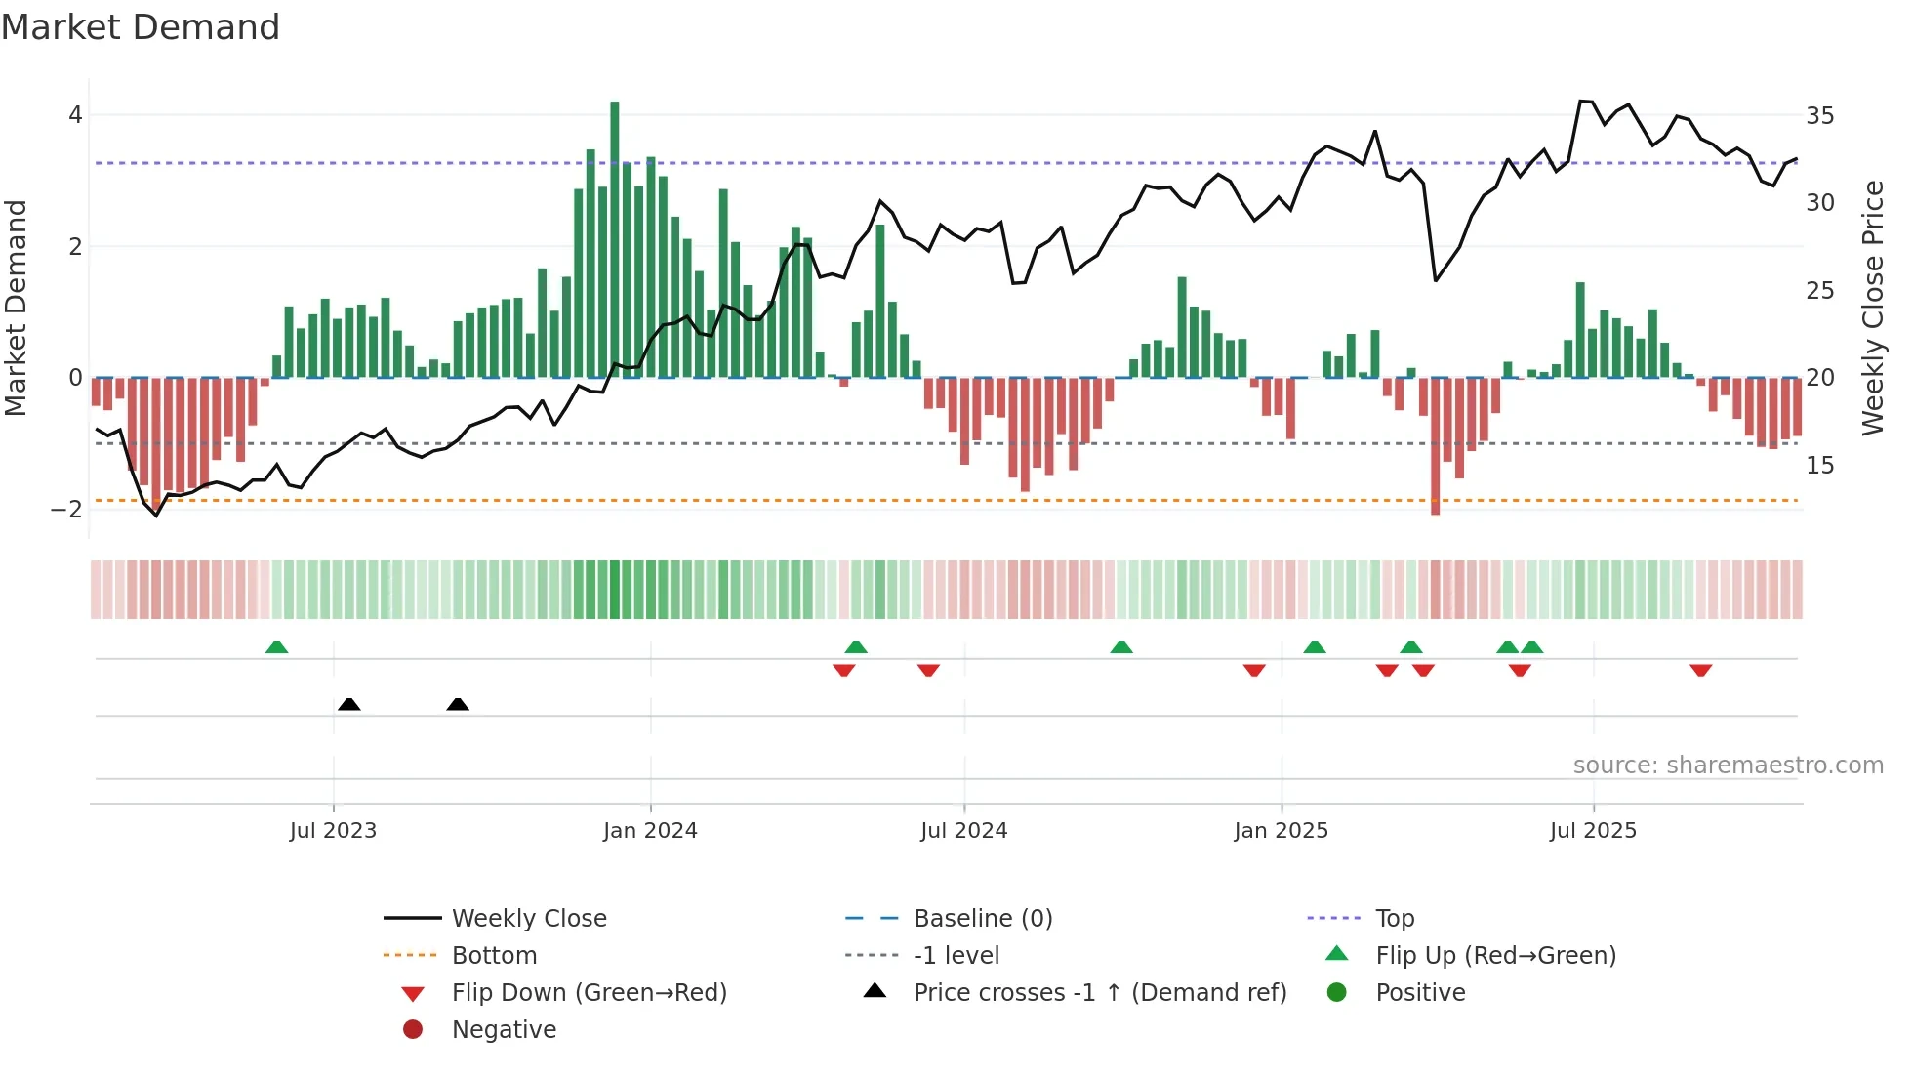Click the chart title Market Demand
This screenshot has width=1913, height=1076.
(141, 27)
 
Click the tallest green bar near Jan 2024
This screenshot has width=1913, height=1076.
(615, 239)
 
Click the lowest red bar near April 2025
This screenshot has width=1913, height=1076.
(1435, 445)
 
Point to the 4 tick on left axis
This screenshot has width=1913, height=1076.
(75, 115)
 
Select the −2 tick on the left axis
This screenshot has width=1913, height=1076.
(67, 509)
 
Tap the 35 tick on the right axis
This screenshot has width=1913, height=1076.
(1819, 116)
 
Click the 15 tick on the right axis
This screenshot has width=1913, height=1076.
(1819, 466)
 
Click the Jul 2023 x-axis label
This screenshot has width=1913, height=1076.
(333, 831)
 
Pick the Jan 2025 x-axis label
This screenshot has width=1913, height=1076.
(1281, 831)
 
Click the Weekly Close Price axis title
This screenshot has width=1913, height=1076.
(1872, 308)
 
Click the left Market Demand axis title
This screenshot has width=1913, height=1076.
(17, 308)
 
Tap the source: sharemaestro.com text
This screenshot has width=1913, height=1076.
(1728, 766)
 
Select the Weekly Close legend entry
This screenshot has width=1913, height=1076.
(528, 919)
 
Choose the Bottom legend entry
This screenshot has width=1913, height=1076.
(494, 956)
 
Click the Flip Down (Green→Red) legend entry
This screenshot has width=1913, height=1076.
(589, 993)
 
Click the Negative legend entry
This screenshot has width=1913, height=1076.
(504, 1030)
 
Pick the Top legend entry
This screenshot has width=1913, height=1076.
(1395, 919)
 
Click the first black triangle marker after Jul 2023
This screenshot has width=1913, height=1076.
(349, 704)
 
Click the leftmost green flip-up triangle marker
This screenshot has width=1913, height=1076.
(277, 647)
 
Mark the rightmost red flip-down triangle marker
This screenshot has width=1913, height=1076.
(1701, 670)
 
